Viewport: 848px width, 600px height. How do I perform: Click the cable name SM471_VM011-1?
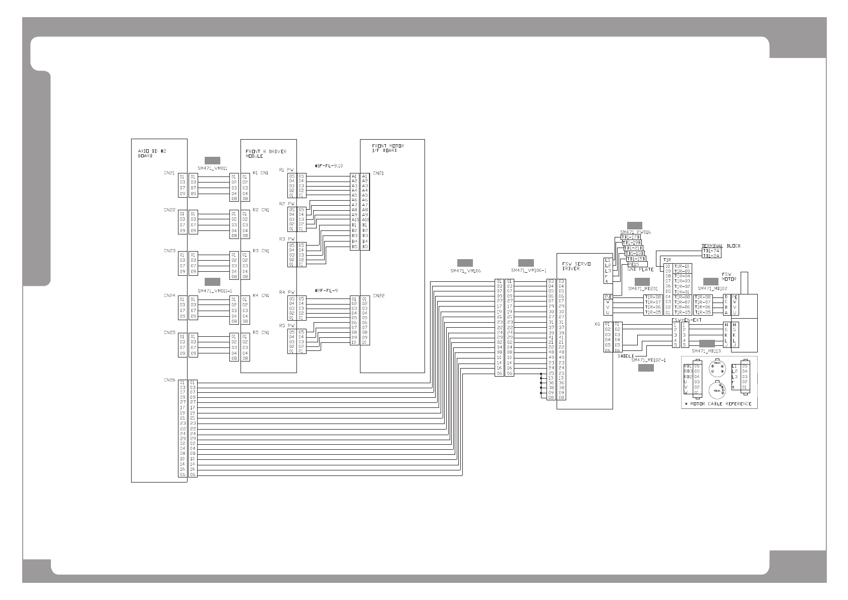tap(214, 291)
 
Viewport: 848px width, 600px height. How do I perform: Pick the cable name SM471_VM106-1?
tap(528, 271)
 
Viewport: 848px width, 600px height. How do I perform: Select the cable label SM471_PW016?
tap(635, 232)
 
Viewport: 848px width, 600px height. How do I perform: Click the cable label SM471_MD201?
tap(642, 288)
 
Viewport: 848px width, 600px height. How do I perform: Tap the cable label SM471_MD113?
tap(706, 351)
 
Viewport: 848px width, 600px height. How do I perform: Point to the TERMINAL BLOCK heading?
tap(721, 246)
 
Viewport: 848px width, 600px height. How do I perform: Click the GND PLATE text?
tap(640, 270)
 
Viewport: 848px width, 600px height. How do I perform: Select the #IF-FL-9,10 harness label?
tap(328, 166)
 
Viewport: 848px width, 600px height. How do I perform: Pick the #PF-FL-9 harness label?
tap(326, 290)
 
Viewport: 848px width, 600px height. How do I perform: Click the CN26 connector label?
tap(169, 380)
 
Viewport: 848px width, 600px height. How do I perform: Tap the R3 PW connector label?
tap(286, 238)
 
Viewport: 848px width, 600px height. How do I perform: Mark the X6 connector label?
tap(597, 325)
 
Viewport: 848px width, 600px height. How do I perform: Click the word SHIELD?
tap(625, 356)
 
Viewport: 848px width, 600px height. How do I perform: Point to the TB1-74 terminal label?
tap(711, 251)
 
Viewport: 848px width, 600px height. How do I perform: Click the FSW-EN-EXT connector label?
tap(687, 320)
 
